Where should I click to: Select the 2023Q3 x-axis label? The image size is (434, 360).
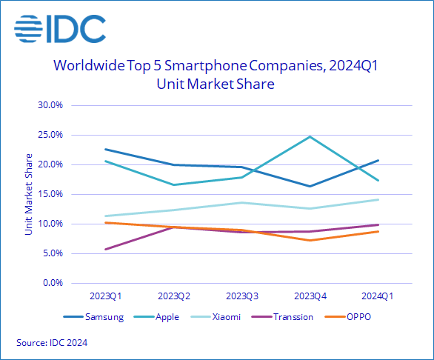[241, 296]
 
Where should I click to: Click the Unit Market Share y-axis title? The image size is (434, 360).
[29, 194]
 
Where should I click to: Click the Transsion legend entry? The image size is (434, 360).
[286, 317]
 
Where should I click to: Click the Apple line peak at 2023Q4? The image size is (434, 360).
[310, 136]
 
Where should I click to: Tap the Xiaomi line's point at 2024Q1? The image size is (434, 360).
[378, 199]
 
